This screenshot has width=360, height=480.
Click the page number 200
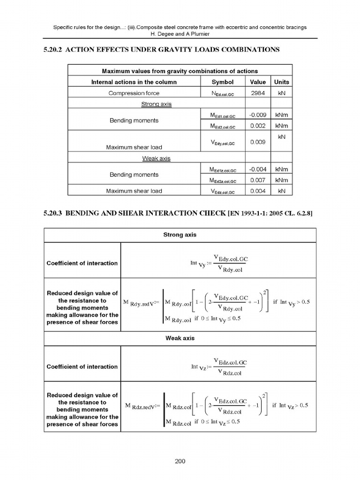180,461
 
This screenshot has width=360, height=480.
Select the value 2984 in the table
258,93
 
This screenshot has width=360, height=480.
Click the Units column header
281,82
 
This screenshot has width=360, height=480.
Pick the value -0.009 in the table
258,115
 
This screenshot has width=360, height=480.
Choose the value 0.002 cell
258,126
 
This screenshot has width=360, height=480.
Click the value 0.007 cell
258,180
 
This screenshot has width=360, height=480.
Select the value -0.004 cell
258,169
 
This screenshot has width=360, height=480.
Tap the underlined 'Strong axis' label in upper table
156,104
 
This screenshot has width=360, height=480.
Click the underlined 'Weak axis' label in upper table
156,158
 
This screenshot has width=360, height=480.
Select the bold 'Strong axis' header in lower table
180,234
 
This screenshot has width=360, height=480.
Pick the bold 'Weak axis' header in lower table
180,338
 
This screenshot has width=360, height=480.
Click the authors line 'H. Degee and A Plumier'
180,34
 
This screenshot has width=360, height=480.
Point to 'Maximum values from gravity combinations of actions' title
180,71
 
